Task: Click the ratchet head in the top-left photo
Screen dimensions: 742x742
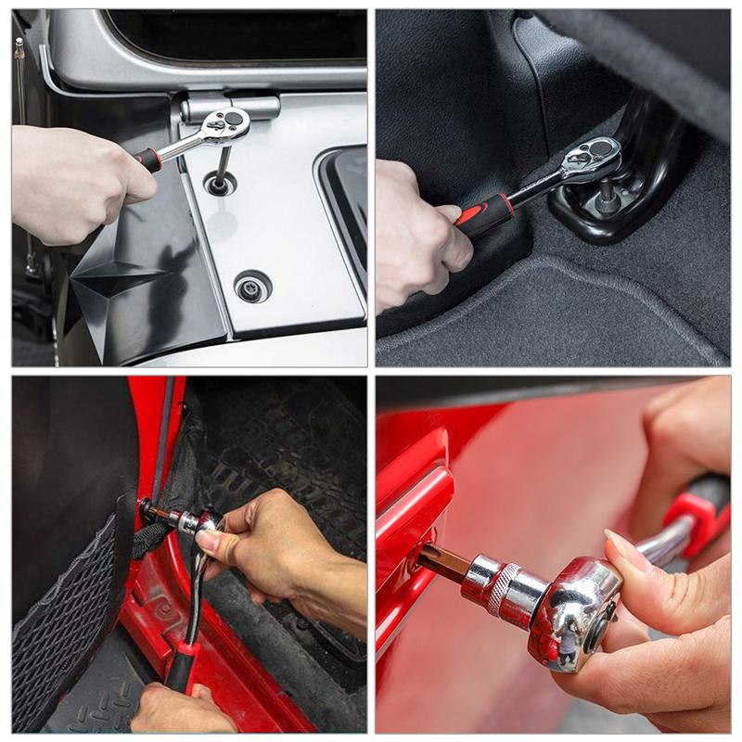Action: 225,124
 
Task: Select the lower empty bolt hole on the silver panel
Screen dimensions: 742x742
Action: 251,286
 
